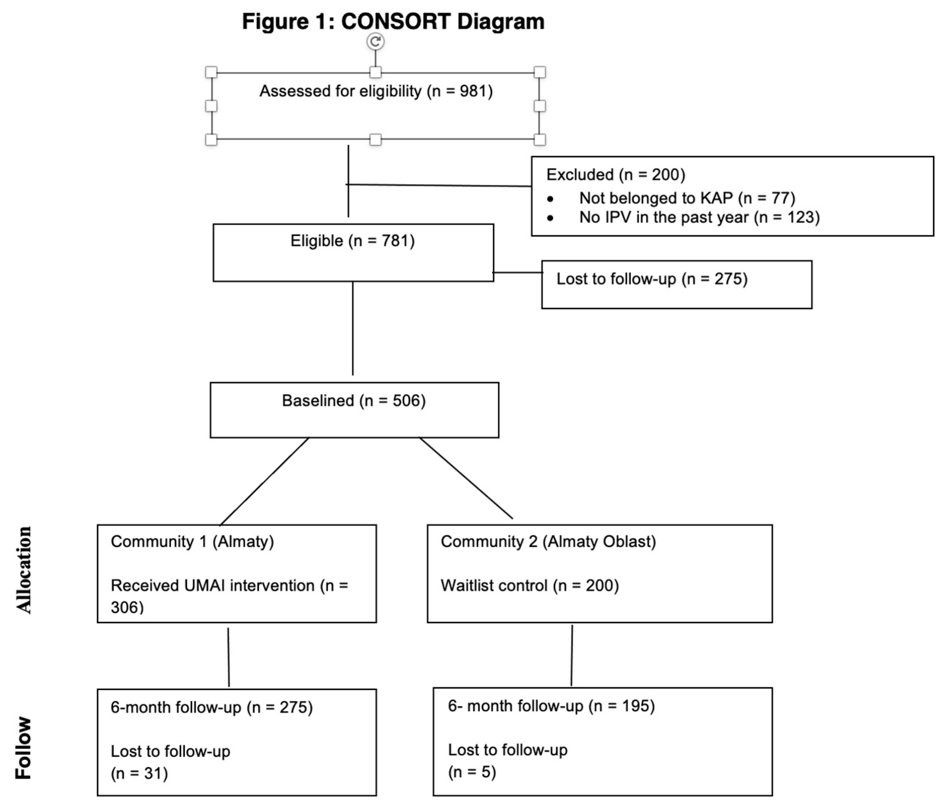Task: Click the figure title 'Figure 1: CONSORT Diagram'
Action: tap(393, 21)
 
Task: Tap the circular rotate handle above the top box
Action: tap(375, 42)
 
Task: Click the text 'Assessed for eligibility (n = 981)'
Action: tap(376, 91)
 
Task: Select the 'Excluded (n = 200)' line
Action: tap(615, 174)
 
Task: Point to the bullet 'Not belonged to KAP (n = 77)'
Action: tap(687, 198)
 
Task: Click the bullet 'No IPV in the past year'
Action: tap(699, 218)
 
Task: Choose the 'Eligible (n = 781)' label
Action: tap(353, 241)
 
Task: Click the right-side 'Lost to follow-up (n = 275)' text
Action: tap(652, 279)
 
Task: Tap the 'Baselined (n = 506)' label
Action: tap(353, 401)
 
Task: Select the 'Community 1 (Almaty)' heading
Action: tap(192, 541)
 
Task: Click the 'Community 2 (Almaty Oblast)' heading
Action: tap(548, 541)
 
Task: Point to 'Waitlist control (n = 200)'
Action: tap(529, 586)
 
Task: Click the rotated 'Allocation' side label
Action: tap(24, 570)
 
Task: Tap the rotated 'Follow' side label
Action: tap(24, 748)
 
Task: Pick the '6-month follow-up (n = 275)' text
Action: tap(212, 707)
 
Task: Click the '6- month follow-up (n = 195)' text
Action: tap(551, 706)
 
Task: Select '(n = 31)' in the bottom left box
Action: tap(139, 773)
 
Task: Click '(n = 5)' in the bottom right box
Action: tap(472, 771)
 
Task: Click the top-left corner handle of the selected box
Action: tap(211, 72)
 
